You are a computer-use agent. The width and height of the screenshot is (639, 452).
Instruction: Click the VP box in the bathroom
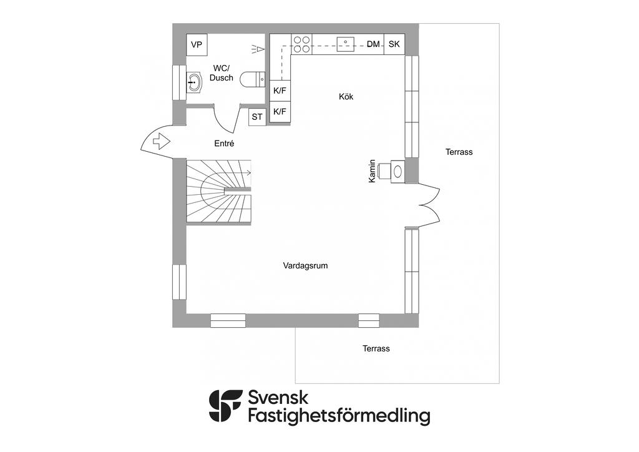pos(197,44)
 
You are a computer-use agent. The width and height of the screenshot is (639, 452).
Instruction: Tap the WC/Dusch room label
pos(222,72)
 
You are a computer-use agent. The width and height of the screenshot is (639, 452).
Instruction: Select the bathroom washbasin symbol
pos(195,82)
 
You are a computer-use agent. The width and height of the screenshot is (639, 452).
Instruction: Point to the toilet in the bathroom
pos(255,81)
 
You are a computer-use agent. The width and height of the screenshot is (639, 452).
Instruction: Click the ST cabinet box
pos(257,117)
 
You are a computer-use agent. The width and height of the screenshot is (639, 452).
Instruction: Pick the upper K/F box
pos(280,91)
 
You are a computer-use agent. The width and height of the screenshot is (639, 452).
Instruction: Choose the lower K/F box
pos(280,112)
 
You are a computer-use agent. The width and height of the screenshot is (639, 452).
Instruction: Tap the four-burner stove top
pos(301,44)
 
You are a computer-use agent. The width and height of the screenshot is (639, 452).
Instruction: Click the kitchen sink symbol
pos(346,44)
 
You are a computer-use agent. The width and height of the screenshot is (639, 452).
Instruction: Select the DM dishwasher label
pos(373,44)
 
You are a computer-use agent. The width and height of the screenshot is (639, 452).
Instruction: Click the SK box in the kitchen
pos(394,44)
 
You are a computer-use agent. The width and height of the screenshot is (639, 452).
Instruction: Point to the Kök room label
pos(346,97)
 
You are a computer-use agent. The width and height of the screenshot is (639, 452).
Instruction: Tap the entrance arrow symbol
pos(161,141)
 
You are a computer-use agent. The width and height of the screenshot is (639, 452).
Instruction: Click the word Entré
pos(224,144)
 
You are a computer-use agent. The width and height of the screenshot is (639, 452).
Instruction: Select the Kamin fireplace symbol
pos(398,170)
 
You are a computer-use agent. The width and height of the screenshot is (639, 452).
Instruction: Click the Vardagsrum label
pos(305,265)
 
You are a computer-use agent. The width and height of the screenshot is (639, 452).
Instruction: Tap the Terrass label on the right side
pos(459,152)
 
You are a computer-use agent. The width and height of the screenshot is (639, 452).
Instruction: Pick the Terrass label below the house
pos(376,348)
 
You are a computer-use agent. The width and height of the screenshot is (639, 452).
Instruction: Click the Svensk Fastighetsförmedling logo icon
pos(225,406)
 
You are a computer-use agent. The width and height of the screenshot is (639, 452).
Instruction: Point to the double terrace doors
pos(429,205)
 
